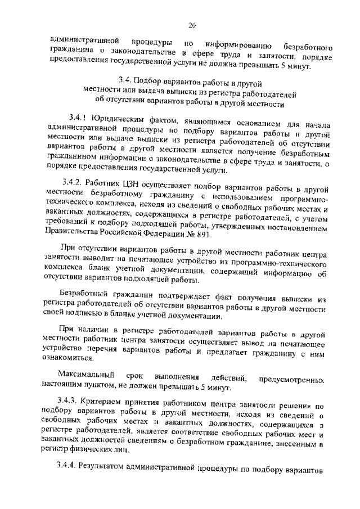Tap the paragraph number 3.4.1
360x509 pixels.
pos(79,118)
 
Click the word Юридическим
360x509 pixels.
pos(116,118)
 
